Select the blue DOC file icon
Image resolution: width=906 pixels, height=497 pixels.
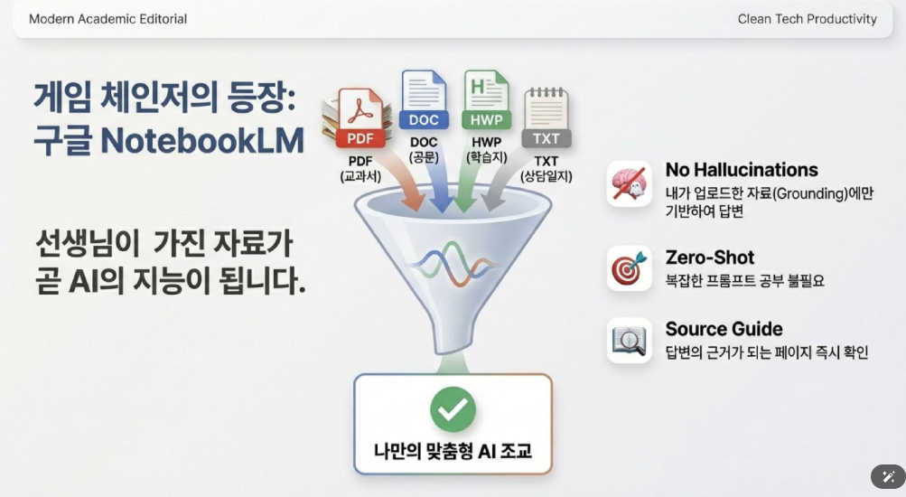tap(424, 100)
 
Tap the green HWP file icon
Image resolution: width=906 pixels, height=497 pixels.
tap(487, 100)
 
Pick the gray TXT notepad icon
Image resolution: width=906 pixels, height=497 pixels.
tap(546, 117)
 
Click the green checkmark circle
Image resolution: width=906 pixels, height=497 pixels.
tap(453, 409)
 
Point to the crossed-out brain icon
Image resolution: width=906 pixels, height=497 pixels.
tap(630, 183)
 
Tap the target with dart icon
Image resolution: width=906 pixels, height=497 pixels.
tap(630, 268)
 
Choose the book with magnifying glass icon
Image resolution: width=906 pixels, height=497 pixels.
tap(630, 341)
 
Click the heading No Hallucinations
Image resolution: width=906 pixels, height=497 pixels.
tap(742, 170)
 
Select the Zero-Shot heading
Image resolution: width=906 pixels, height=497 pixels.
tap(710, 258)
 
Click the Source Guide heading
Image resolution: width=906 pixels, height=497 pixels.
tap(724, 329)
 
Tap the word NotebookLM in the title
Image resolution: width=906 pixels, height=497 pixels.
tap(202, 140)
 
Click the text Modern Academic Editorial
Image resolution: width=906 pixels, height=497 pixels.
tap(108, 19)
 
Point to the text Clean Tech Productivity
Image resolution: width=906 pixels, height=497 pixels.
tap(808, 19)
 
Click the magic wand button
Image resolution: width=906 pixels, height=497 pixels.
tap(888, 477)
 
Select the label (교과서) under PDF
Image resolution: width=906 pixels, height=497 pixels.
tap(360, 176)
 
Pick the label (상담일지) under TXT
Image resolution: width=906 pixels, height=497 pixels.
tap(546, 176)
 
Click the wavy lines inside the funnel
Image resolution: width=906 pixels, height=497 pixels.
tap(453, 264)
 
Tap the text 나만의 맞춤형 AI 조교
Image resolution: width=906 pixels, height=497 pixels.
tap(453, 451)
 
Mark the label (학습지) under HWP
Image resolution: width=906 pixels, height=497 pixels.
tap(487, 157)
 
